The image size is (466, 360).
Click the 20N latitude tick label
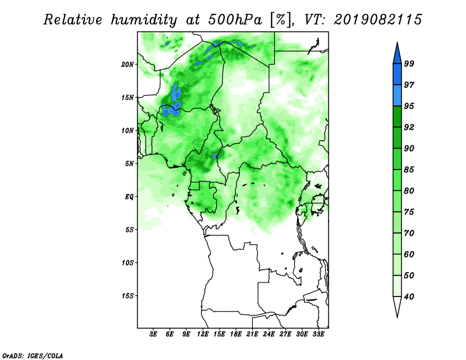[128, 64]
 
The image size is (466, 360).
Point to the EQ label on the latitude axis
[129, 196]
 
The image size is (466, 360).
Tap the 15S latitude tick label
[128, 296]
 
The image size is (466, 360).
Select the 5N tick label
[129, 164]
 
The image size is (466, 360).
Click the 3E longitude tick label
[153, 334]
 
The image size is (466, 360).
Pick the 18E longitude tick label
[236, 334]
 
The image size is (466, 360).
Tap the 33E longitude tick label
[318, 334]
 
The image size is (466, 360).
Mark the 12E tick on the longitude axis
[203, 334]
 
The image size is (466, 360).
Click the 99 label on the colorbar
[409, 63]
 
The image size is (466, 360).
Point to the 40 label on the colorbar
[409, 297]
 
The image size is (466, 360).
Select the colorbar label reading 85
[409, 170]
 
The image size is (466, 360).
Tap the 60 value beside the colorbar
[409, 254]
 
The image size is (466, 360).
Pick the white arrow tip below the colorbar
[397, 317]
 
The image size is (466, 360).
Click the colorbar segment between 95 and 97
[397, 96]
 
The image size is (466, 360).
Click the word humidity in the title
[144, 20]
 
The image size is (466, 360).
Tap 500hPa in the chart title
[235, 20]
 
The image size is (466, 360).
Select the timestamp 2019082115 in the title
[377, 20]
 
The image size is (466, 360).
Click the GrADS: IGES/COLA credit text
[33, 355]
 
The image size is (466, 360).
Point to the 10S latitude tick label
[128, 263]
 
